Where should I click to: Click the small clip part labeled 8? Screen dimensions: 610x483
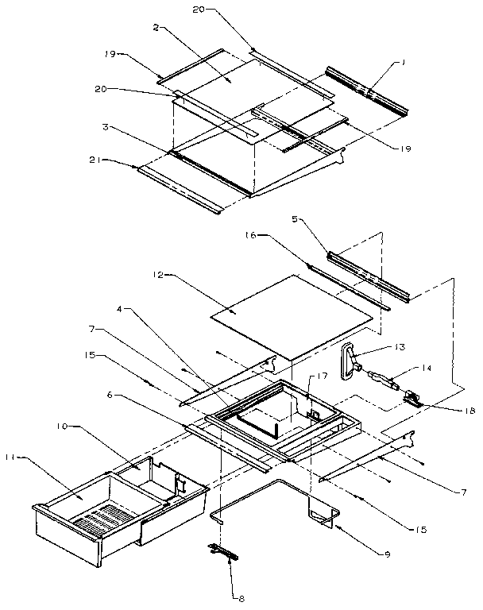[225, 550]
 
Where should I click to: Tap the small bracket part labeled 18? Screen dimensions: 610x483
[412, 397]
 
